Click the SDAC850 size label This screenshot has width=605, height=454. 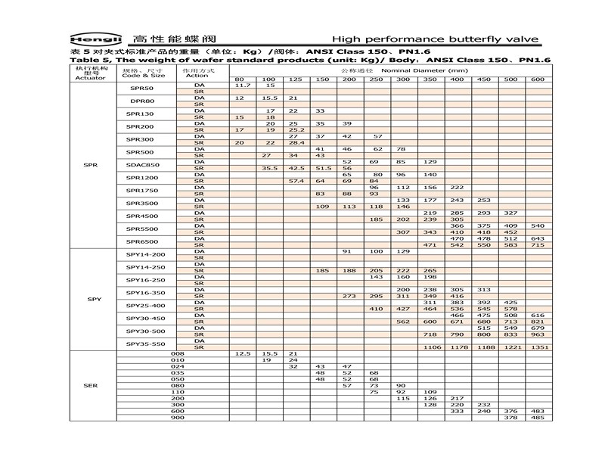coord(143,165)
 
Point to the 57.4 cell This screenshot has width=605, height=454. coord(296,182)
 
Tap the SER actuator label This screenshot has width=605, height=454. coord(94,385)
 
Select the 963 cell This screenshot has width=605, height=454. coord(537,334)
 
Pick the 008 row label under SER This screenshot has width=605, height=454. coord(178,353)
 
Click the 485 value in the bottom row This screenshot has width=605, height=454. coord(537,417)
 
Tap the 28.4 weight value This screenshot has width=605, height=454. coord(296,142)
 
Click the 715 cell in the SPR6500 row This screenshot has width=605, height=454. coord(537,245)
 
